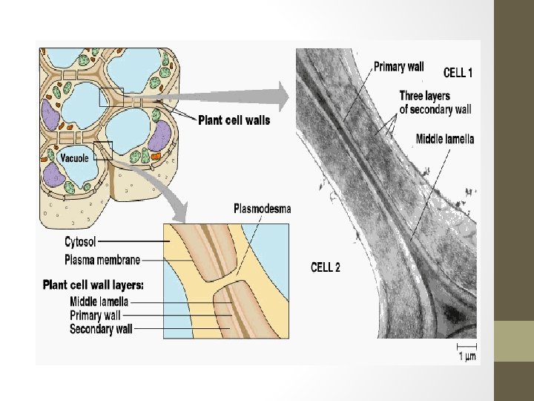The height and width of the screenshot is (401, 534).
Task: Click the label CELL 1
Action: [458, 73]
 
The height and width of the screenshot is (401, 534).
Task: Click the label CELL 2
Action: [324, 267]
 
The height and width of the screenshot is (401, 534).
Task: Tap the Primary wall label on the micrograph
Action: [398, 67]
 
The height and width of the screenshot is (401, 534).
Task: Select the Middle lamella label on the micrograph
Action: [445, 139]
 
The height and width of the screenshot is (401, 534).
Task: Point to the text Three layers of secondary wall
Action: [435, 102]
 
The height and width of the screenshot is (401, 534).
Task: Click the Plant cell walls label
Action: [234, 120]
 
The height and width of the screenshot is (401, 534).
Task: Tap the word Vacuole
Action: [74, 158]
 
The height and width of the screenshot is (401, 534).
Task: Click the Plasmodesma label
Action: [263, 209]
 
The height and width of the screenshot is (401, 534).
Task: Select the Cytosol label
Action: [80, 241]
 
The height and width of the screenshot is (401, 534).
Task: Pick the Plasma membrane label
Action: [102, 260]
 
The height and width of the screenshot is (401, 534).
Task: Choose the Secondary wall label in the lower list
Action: [102, 328]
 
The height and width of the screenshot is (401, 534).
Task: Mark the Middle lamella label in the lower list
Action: [99, 301]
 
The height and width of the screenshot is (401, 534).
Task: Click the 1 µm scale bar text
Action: [467, 356]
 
